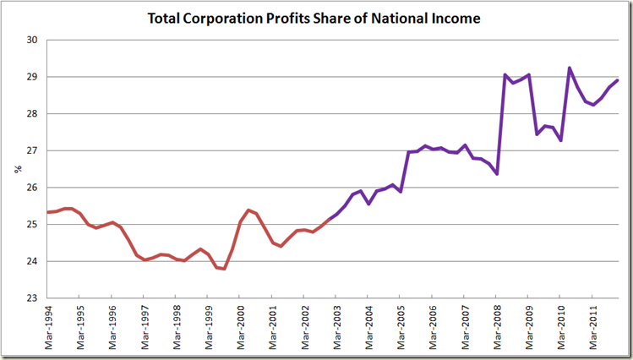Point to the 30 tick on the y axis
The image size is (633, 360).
31,40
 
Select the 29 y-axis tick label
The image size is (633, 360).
31,77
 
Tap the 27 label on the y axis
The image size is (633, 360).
31,150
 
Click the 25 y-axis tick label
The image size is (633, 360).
31,225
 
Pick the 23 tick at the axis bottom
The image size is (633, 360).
31,298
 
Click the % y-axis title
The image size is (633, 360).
17,169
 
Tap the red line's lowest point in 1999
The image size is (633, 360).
224,269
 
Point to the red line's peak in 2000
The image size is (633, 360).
248,210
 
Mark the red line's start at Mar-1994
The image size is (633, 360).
48,212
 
